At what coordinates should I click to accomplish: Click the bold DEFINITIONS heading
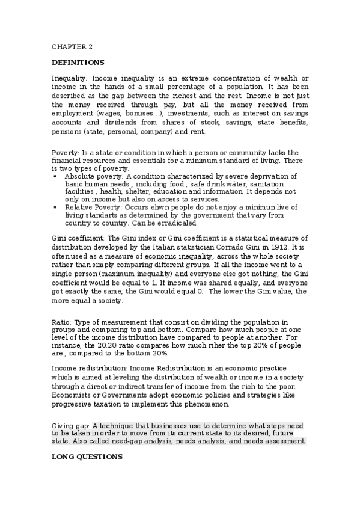click(x=78, y=62)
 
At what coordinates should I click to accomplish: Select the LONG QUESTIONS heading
click(x=87, y=457)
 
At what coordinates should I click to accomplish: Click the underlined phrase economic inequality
click(x=178, y=256)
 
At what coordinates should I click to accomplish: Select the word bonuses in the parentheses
click(x=145, y=113)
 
